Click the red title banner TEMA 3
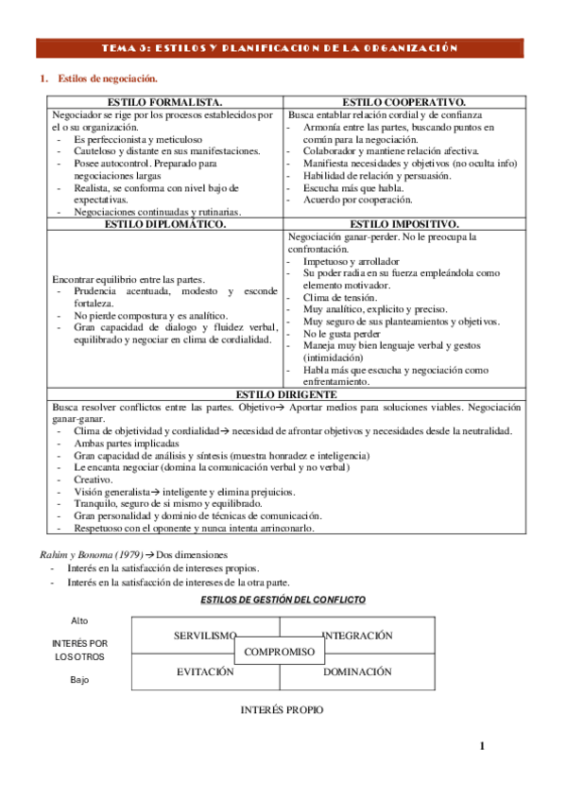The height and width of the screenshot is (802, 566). tap(283, 48)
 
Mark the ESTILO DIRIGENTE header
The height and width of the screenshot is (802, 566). tap(283, 393)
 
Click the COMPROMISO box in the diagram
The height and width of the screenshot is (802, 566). tap(280, 652)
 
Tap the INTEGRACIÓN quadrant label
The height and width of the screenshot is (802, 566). tap(357, 636)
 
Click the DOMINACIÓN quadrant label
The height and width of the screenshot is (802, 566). tap(357, 671)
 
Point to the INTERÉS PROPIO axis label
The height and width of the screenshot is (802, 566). tap(282, 709)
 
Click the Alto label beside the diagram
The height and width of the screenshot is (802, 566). tap(82, 620)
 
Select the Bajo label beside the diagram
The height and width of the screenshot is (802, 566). tap(81, 679)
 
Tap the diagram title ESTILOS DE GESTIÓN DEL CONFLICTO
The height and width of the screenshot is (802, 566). tap(283, 601)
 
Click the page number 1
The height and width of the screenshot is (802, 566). tap(481, 746)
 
